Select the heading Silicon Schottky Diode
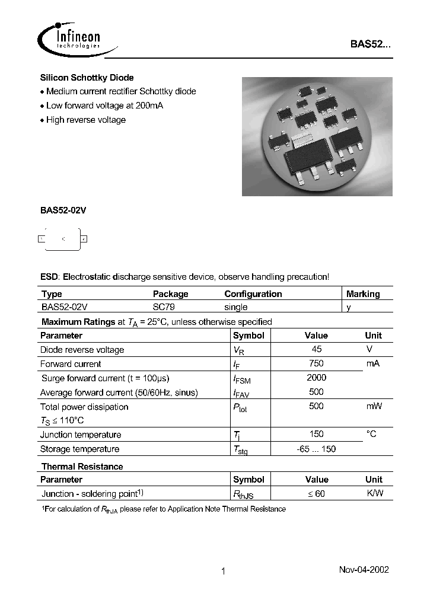point(87,78)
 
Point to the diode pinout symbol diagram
point(63,238)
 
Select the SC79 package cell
point(164,307)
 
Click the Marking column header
point(363,294)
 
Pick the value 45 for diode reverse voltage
point(317,349)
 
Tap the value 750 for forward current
point(317,363)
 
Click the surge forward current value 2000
point(317,378)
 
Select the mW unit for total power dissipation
point(374,406)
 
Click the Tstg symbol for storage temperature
point(240,449)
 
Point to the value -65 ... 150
point(317,449)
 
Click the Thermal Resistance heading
point(82,467)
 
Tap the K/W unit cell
point(375,493)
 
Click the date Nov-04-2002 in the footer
point(364,569)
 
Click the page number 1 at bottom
point(223,572)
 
